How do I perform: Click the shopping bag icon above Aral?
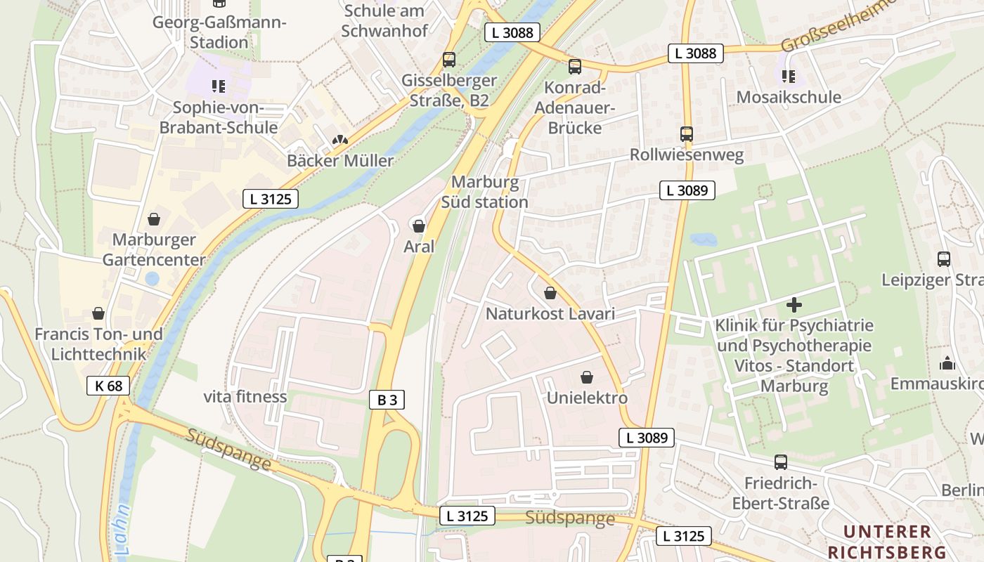(x=419, y=226)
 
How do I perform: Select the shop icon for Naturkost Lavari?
(x=550, y=293)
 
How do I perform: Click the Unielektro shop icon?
(x=587, y=378)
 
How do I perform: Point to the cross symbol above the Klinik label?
(x=794, y=305)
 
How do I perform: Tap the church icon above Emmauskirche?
(x=947, y=363)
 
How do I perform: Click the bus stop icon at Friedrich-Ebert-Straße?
(x=781, y=462)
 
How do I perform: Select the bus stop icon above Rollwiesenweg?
(x=687, y=134)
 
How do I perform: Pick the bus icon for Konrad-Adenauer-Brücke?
(x=575, y=67)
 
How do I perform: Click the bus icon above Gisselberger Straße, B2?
(x=449, y=60)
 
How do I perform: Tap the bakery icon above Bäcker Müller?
(x=340, y=140)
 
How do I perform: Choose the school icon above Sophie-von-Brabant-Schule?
(x=219, y=86)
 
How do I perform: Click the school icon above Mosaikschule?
(x=789, y=76)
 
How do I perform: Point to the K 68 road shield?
(x=108, y=385)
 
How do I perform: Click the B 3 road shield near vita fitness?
(x=387, y=400)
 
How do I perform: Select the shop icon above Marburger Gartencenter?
(x=154, y=220)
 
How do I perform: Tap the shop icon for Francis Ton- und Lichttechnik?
(x=98, y=313)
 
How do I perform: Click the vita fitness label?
(x=245, y=397)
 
